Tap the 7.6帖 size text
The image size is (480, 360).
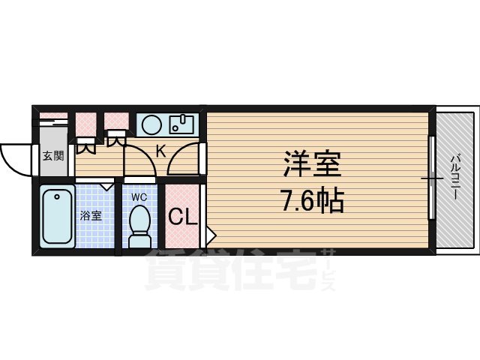pyautogui.click(x=313, y=200)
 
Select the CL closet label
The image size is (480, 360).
pyautogui.click(x=182, y=217)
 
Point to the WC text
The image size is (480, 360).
pyautogui.click(x=139, y=197)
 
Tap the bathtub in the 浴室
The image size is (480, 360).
pyautogui.click(x=57, y=217)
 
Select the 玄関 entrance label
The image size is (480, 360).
pyautogui.click(x=52, y=157)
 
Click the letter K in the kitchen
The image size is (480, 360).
pyautogui.click(x=160, y=150)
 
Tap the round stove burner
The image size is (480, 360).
pyautogui.click(x=151, y=124)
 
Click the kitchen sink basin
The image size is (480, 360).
pyautogui.click(x=182, y=124)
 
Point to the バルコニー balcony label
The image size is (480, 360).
pyautogui.click(x=455, y=178)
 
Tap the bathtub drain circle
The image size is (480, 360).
pyautogui.click(x=57, y=199)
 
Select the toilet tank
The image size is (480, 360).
pyautogui.click(x=139, y=241)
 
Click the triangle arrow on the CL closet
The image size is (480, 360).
pyautogui.click(x=210, y=234)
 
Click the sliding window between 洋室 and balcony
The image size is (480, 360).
pyautogui.click(x=432, y=178)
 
